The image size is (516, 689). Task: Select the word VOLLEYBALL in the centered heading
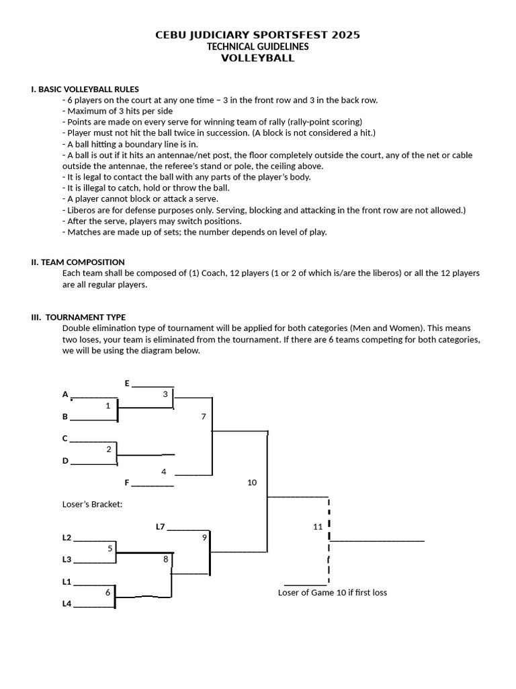coord(258,58)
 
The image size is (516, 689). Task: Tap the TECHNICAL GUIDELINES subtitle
coord(258,46)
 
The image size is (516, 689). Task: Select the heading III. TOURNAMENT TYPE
coord(79,317)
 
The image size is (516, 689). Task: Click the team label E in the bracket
coord(127,383)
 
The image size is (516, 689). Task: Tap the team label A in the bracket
coord(65,394)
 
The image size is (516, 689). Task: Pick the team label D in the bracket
coord(65,460)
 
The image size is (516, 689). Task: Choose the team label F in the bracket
coord(127,482)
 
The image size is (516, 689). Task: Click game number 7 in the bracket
coord(204,416)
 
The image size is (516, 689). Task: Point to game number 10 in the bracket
coord(252,482)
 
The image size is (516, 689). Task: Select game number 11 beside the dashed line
coord(318,526)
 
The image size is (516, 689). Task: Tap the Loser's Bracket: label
coord(92,504)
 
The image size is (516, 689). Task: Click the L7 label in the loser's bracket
coord(160,526)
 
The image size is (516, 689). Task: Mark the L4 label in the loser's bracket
coord(67,604)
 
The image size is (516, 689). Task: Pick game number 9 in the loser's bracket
coord(204,537)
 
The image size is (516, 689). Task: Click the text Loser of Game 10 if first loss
coord(333,592)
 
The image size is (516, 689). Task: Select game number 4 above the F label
coord(164,471)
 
